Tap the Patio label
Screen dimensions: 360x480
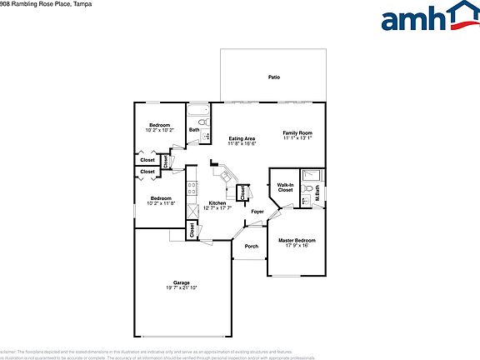tap(273, 77)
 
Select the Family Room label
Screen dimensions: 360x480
tap(297, 133)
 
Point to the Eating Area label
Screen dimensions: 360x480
tap(242, 138)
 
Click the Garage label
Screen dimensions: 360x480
tap(181, 282)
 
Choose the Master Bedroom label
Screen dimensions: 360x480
tap(297, 240)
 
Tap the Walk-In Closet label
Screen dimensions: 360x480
tap(285, 187)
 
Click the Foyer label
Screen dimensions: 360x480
tap(257, 212)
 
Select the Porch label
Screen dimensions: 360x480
tap(251, 247)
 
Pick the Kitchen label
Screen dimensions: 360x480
tap(217, 203)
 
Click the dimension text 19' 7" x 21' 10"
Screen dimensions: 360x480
tap(181, 288)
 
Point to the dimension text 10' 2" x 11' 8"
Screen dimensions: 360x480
tap(161, 203)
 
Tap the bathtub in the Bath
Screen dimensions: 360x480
tap(198, 112)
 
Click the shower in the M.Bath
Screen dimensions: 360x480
tap(311, 175)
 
